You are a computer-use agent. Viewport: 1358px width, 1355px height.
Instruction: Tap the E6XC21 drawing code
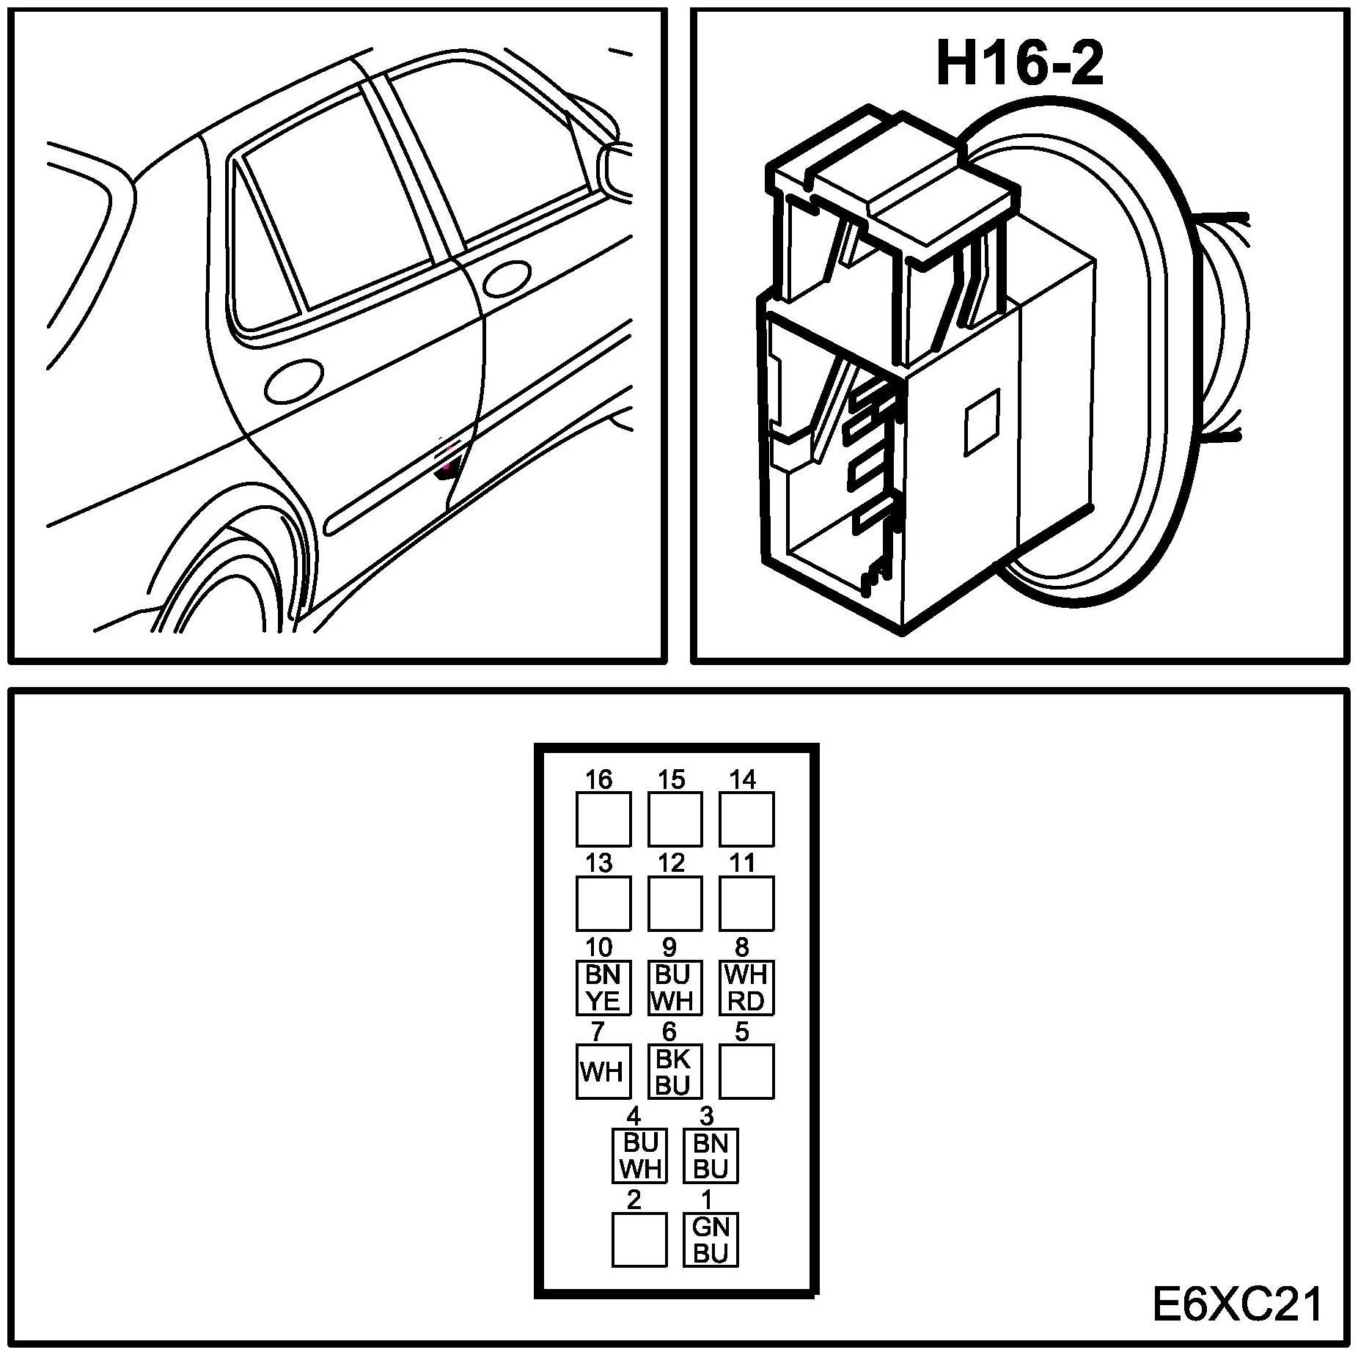(x=1238, y=1305)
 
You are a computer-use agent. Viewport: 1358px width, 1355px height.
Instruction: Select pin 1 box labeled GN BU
(x=710, y=1239)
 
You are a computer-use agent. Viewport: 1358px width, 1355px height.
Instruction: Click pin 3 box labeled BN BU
(x=710, y=1156)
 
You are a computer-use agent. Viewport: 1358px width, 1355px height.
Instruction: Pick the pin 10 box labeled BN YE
(x=603, y=987)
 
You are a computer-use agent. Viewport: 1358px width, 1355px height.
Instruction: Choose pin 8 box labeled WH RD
(x=746, y=987)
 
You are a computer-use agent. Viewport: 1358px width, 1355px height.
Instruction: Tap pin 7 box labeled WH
(x=603, y=1071)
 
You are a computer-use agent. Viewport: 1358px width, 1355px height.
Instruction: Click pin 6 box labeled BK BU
(x=674, y=1071)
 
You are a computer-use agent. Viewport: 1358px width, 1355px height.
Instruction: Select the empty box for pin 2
(x=639, y=1239)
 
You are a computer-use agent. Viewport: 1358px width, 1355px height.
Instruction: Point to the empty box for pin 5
(x=746, y=1071)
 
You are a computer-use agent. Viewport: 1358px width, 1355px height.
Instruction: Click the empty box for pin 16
(x=603, y=819)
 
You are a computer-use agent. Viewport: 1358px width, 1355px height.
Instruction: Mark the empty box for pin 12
(x=674, y=903)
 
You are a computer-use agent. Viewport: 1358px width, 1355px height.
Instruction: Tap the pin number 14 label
(x=742, y=779)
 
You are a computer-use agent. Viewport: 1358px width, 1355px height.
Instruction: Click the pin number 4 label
(x=634, y=1116)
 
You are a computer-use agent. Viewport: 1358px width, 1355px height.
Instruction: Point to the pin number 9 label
(x=669, y=948)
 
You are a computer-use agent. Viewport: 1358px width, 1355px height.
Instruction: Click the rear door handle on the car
(x=293, y=381)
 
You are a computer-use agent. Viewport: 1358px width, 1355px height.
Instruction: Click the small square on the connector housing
(x=982, y=421)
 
